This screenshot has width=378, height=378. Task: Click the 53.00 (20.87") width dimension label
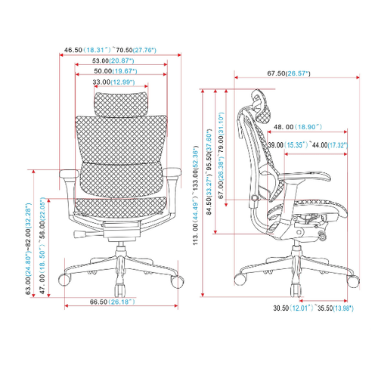pos(113,60)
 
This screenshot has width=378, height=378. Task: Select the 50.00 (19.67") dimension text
pos(116,71)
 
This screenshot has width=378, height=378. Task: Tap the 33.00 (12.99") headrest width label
pos(113,82)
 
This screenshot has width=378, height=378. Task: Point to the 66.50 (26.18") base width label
pos(113,302)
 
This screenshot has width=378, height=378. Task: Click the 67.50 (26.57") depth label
pos(289,73)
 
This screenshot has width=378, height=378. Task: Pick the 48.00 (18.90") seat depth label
pos(298,127)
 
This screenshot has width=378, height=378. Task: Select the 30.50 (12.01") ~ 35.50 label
pos(314,308)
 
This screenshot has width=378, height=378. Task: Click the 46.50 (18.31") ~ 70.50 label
pos(110,50)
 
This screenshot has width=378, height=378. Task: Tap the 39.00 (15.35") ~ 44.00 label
pos(308,145)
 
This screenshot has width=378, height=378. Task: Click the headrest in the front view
pos(121,104)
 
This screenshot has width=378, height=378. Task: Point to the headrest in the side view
pos(262,107)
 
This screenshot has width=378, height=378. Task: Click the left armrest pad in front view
pos(69,173)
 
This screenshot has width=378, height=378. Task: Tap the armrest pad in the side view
pos(305,176)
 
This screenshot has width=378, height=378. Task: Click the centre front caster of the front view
pos(120,290)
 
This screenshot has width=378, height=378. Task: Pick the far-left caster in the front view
pos(64,280)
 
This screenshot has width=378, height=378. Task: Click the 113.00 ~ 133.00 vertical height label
pos(196,195)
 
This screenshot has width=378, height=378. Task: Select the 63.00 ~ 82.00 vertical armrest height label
pos(28,249)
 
